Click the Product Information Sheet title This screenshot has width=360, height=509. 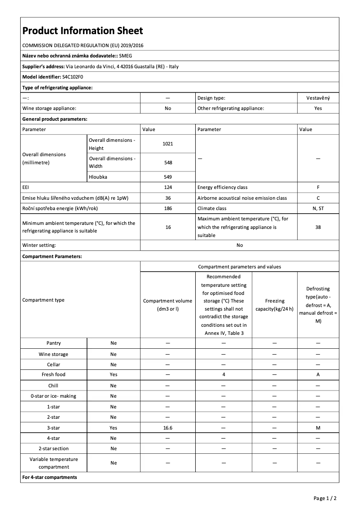point(83,31)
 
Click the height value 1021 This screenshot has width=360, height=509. point(168,144)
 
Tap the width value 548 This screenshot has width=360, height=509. point(168,162)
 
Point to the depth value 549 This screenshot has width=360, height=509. point(168,177)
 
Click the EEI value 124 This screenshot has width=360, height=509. point(168,187)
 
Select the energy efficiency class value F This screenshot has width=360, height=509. point(318,187)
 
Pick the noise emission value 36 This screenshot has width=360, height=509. point(168,198)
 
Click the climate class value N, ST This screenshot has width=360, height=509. point(318,208)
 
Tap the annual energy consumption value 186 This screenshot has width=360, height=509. point(168,208)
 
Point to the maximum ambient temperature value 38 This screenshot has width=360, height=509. point(318,227)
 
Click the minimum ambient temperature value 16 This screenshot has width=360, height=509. point(168,227)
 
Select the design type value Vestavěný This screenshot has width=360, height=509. point(318,98)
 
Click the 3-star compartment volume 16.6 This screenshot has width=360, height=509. point(168,428)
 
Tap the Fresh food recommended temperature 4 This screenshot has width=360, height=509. point(223,374)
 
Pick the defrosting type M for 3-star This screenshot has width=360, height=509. point(318,428)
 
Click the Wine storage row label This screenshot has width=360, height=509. point(53,354)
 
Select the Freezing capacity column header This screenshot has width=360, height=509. point(274,304)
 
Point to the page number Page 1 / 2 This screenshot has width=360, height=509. point(325,498)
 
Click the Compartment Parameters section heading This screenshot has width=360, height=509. point(52,256)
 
